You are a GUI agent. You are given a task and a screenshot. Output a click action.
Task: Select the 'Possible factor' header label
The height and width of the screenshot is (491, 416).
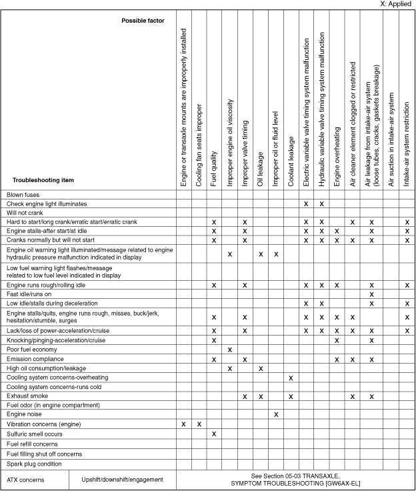[144, 21]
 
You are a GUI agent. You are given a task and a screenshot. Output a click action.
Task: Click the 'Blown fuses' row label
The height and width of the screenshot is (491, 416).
[23, 194]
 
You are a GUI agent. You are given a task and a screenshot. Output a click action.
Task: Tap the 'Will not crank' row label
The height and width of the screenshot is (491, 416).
[25, 212]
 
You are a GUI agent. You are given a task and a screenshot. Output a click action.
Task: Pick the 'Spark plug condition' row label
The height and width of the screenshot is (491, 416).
[33, 464]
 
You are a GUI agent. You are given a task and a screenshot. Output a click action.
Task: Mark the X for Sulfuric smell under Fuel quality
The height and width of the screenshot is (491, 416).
[214, 434]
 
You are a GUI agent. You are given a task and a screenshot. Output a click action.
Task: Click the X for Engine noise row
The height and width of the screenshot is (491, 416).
[275, 414]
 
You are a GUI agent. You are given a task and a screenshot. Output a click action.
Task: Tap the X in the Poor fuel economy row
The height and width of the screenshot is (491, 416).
[229, 350]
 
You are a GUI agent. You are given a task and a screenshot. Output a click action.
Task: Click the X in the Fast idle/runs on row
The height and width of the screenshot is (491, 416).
[371, 294]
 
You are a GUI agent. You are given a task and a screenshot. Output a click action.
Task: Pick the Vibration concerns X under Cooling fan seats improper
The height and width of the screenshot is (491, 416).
[199, 424]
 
